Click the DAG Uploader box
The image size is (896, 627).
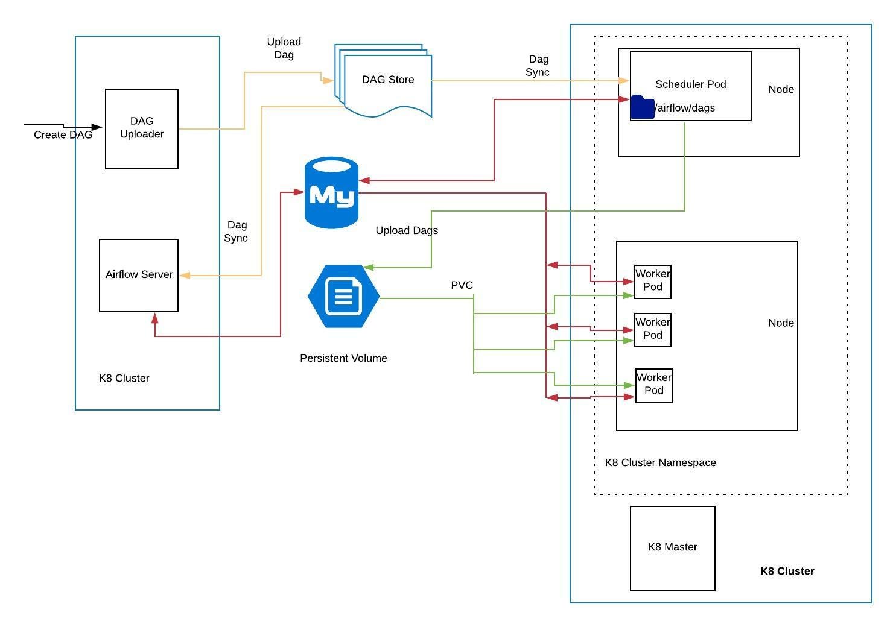point(141,128)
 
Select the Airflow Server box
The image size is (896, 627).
point(139,275)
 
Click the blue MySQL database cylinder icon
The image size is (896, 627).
point(331,193)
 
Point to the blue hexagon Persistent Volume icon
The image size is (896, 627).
point(343,296)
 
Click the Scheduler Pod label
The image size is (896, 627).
point(690,84)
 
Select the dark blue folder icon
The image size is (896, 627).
point(642,107)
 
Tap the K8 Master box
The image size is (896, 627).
point(672,547)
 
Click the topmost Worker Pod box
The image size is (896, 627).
point(652,281)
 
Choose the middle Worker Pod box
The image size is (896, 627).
point(652,329)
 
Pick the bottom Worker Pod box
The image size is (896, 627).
point(653,385)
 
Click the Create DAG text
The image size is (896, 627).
point(63,135)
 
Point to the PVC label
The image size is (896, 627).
point(462,285)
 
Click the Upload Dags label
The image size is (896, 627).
point(406,230)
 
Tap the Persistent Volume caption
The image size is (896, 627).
point(343,358)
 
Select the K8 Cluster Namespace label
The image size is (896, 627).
point(660,462)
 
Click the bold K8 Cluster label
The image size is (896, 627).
point(787,571)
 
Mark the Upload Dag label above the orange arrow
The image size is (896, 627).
point(284,48)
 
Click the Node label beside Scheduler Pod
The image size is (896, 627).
point(781,89)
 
